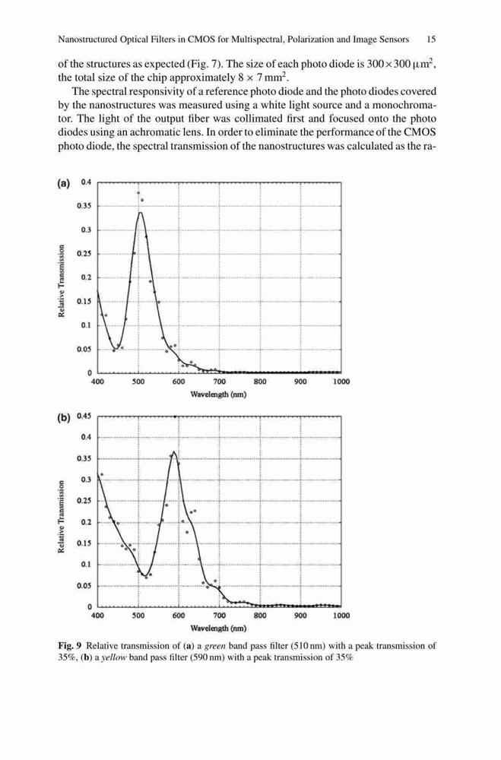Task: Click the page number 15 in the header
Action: click(x=431, y=40)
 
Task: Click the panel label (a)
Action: click(x=64, y=183)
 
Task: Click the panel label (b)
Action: click(x=64, y=417)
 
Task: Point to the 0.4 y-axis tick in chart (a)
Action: click(x=86, y=182)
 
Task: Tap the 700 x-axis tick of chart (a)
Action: click(x=219, y=382)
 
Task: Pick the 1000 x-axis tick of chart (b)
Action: click(x=341, y=616)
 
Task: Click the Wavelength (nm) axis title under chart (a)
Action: click(x=218, y=394)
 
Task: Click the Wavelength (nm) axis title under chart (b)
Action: click(x=218, y=629)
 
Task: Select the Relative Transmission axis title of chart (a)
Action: click(x=62, y=280)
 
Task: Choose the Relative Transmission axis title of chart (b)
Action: click(x=62, y=517)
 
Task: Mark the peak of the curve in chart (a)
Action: click(x=140, y=212)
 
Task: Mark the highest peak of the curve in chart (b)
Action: click(x=174, y=451)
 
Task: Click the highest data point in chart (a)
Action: click(x=138, y=193)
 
